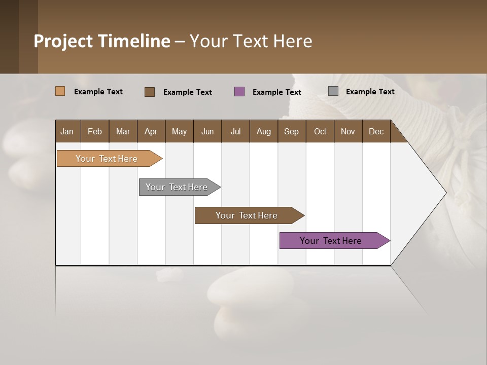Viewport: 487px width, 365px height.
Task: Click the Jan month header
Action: click(x=67, y=131)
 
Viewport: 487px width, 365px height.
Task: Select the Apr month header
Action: click(x=151, y=131)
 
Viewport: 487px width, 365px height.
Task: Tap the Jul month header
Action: click(x=235, y=131)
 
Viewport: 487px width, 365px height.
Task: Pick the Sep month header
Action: click(x=291, y=131)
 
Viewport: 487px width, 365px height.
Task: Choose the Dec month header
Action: click(x=376, y=131)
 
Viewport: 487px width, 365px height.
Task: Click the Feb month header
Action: click(x=95, y=131)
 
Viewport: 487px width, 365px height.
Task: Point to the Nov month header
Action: click(x=348, y=131)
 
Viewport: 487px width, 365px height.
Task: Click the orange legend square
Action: click(x=60, y=91)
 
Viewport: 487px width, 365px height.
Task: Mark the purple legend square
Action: click(x=239, y=91)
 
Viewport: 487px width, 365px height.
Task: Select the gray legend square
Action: click(x=333, y=91)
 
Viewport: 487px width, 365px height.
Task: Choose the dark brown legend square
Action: click(x=150, y=92)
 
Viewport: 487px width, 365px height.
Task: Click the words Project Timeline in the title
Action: click(x=102, y=41)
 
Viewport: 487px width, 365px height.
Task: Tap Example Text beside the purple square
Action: click(x=276, y=92)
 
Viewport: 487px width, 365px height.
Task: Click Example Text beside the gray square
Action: click(x=370, y=92)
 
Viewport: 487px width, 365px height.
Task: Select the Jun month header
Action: click(x=207, y=131)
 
